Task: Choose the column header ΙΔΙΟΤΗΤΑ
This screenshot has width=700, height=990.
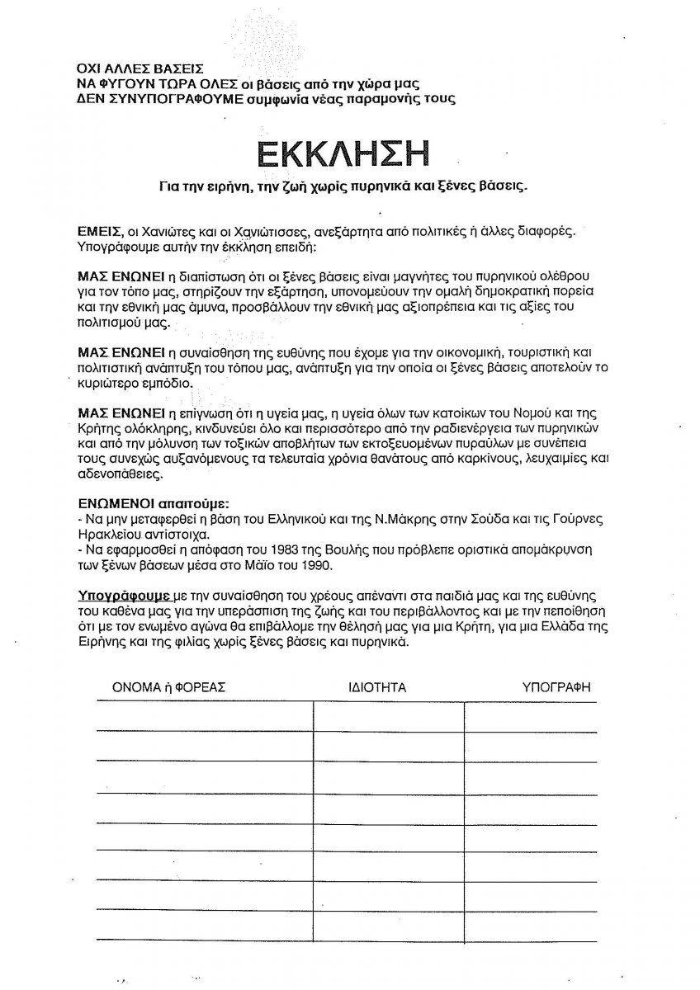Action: point(377,686)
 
